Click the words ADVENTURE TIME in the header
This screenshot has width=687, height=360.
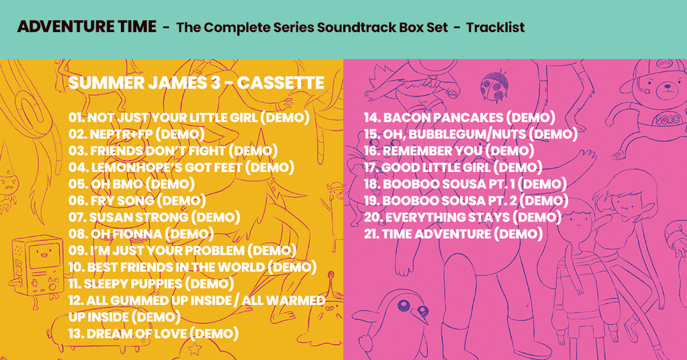(87, 27)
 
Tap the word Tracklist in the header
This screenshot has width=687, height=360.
(495, 28)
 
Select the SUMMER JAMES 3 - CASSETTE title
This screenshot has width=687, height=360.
(196, 83)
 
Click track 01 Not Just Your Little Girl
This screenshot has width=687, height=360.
(189, 118)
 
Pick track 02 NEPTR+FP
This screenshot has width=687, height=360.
(137, 134)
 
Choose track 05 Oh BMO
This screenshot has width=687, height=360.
(132, 185)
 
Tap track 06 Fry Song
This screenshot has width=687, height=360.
(137, 201)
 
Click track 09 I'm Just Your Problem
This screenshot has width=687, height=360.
(182, 251)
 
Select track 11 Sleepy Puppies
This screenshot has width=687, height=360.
(151, 284)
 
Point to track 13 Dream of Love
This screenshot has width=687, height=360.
(153, 334)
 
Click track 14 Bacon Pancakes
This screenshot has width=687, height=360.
(459, 118)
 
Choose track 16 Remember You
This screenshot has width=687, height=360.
(449, 151)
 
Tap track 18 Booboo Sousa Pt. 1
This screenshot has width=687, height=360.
(465, 185)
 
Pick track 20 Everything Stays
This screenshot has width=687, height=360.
(463, 218)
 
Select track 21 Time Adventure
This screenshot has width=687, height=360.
(453, 234)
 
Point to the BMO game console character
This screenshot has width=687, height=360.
(37, 268)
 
